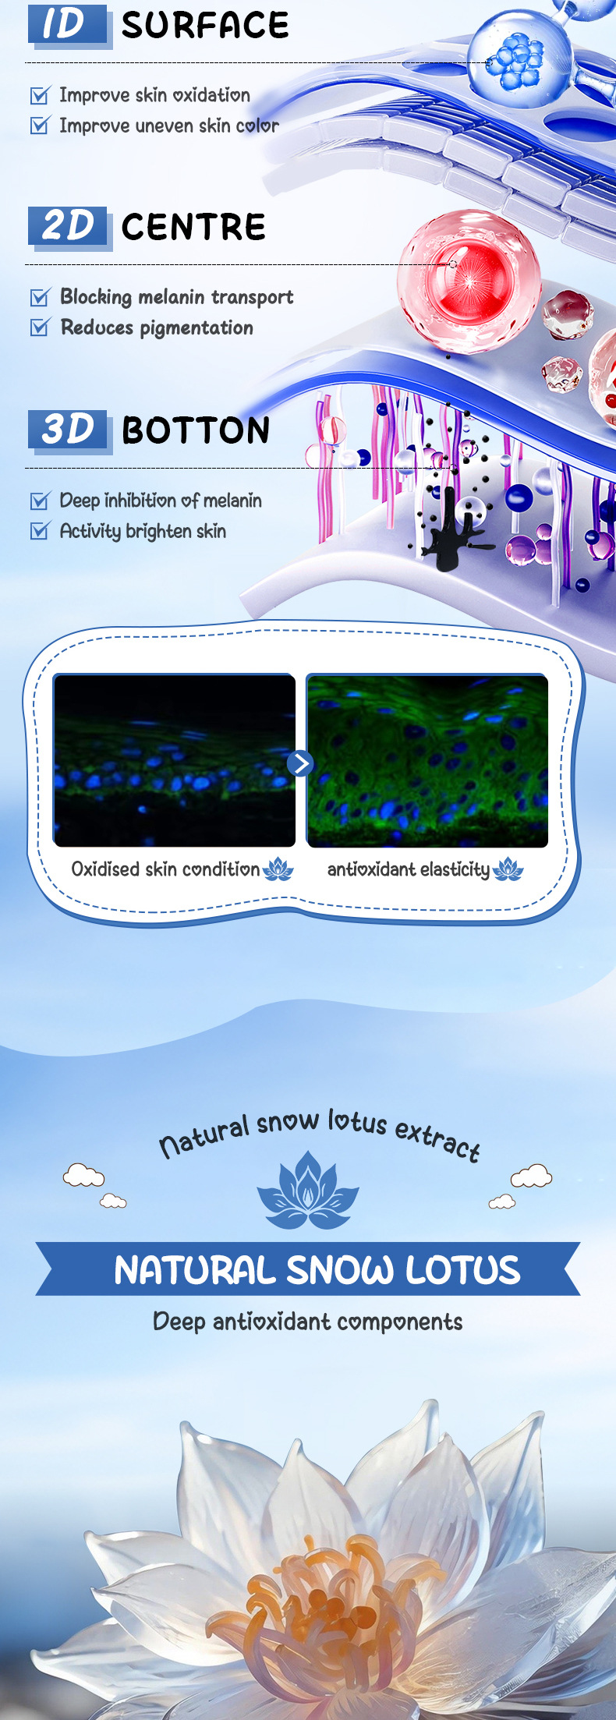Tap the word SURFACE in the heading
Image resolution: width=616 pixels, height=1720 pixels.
coord(205,25)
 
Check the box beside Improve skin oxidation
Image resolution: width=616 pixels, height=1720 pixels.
coord(40,95)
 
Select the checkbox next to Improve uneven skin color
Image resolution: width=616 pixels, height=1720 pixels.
coord(40,125)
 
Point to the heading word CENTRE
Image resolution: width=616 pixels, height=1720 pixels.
coord(193,227)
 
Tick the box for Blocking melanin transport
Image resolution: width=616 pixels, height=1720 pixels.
coord(40,296)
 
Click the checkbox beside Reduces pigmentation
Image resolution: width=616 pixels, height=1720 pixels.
coord(40,327)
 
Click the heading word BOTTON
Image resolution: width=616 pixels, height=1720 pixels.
coord(196,430)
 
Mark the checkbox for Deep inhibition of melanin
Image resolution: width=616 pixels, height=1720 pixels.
coord(40,500)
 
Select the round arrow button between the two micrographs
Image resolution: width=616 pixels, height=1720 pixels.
coord(300,763)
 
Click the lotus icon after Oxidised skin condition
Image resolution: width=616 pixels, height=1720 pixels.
coord(278,869)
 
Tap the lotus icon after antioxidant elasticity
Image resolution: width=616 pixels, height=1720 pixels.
coord(508,869)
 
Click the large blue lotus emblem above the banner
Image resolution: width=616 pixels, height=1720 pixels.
coord(308,1191)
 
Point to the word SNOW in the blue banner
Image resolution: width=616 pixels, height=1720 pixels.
coord(339,1269)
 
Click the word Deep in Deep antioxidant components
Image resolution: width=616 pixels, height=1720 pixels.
coord(179,1322)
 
